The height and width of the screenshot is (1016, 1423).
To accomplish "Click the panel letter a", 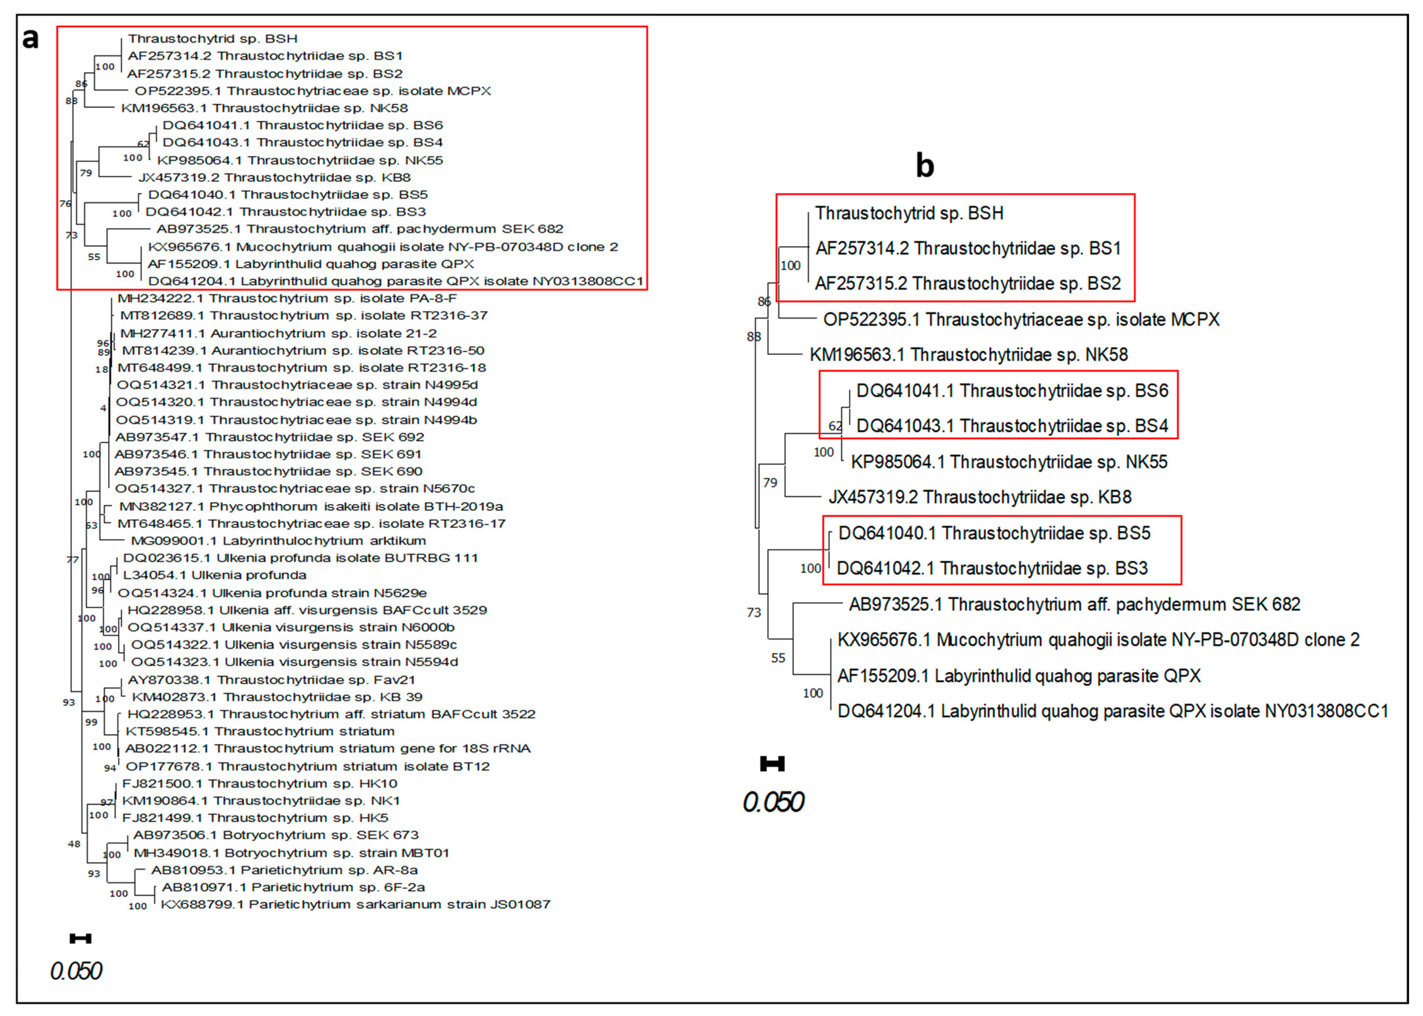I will point(30,39).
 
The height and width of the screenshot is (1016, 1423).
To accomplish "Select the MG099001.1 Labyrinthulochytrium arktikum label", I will point(278,541).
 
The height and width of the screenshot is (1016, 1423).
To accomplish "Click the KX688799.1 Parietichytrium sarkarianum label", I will point(356,904).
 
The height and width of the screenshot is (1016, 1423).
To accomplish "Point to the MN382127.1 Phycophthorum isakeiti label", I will point(311,506).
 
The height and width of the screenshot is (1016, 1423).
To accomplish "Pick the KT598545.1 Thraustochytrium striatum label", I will point(260,731).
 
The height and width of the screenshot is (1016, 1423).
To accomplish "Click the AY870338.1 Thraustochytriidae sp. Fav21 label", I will point(271,679).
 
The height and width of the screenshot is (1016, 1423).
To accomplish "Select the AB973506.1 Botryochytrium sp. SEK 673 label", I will point(275,834).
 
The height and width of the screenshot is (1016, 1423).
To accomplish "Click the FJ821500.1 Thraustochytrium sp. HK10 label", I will point(259,783).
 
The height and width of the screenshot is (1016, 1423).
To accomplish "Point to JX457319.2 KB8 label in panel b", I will point(980,497).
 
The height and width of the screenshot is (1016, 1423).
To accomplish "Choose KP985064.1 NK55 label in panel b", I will point(1009,462).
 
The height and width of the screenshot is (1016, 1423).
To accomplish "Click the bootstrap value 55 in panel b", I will point(778,658).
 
